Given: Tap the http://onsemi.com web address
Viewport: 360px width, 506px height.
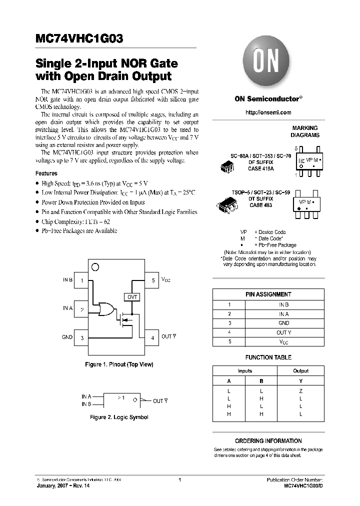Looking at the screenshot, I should tap(268, 112).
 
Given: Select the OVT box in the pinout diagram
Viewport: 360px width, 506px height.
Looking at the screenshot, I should tap(132, 297).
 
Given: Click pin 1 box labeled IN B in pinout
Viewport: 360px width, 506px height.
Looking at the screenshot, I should tap(82, 281).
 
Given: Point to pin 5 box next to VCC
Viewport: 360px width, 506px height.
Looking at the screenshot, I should tap(152, 281).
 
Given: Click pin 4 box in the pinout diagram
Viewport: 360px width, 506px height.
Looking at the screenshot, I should tap(152, 338).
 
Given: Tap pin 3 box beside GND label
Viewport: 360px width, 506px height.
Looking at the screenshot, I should tap(82, 338).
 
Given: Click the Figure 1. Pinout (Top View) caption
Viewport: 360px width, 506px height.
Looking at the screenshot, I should tap(119, 364).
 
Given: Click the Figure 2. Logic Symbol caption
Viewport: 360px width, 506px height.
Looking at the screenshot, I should tap(119, 416).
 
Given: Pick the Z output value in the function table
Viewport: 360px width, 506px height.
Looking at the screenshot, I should tap(300, 390).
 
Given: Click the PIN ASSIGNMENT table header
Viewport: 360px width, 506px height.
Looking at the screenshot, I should tap(268, 294).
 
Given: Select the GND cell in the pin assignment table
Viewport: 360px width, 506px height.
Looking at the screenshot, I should tap(283, 323).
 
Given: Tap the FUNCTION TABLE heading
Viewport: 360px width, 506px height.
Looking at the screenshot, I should tap(268, 357).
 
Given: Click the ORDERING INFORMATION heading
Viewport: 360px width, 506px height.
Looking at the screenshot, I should tap(268, 441).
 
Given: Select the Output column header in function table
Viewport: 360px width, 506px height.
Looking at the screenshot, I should tap(300, 371).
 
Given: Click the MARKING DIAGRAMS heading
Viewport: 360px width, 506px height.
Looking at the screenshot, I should tap(304, 131).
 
